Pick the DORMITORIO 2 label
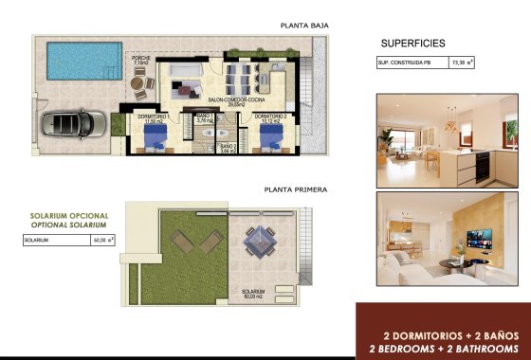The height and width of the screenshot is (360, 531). (x=270, y=118)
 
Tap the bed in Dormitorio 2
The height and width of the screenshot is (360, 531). (x=272, y=140)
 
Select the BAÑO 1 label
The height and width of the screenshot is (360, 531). (x=204, y=118)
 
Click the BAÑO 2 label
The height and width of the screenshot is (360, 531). (x=225, y=147)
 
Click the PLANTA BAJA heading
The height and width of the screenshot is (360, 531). (x=303, y=26)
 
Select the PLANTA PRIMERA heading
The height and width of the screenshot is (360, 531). (x=297, y=189)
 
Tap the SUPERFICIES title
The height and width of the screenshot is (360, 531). (x=412, y=43)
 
